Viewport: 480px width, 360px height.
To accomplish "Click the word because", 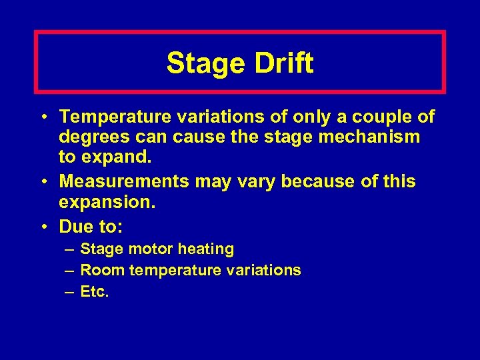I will click(x=300, y=181).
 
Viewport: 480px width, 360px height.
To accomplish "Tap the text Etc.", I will click(x=94, y=291).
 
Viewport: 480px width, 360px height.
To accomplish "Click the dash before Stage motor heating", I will click(x=69, y=249).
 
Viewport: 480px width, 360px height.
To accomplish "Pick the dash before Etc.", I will click(x=69, y=291).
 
